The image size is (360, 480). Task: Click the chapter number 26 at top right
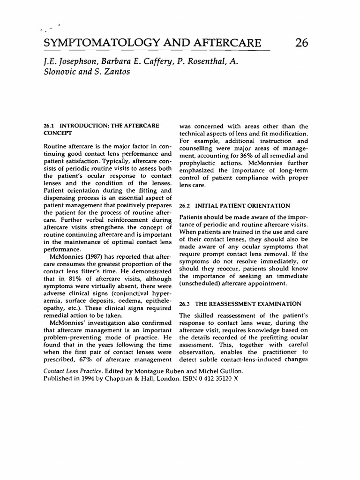coord(302,43)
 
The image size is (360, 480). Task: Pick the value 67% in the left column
coord(86,360)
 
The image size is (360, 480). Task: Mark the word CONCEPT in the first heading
coord(56,133)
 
